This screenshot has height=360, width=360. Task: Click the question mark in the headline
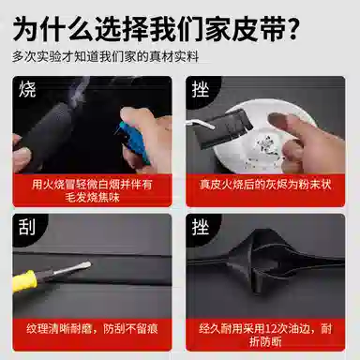(292, 30)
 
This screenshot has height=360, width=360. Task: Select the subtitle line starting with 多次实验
(106, 56)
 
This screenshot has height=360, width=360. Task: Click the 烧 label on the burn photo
(27, 89)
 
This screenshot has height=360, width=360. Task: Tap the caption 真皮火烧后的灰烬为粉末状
(265, 185)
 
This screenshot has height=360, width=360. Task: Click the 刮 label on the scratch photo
(27, 227)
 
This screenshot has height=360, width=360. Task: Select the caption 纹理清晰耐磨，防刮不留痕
(92, 329)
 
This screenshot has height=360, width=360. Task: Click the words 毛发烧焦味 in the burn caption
(92, 198)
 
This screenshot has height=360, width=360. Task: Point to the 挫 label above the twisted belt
(201, 227)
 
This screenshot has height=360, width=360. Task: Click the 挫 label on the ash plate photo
(201, 89)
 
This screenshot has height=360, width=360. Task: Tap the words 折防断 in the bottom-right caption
(265, 341)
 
